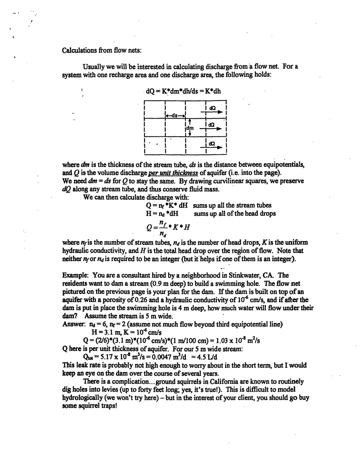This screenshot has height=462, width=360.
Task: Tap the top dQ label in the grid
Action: pos(212,107)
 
